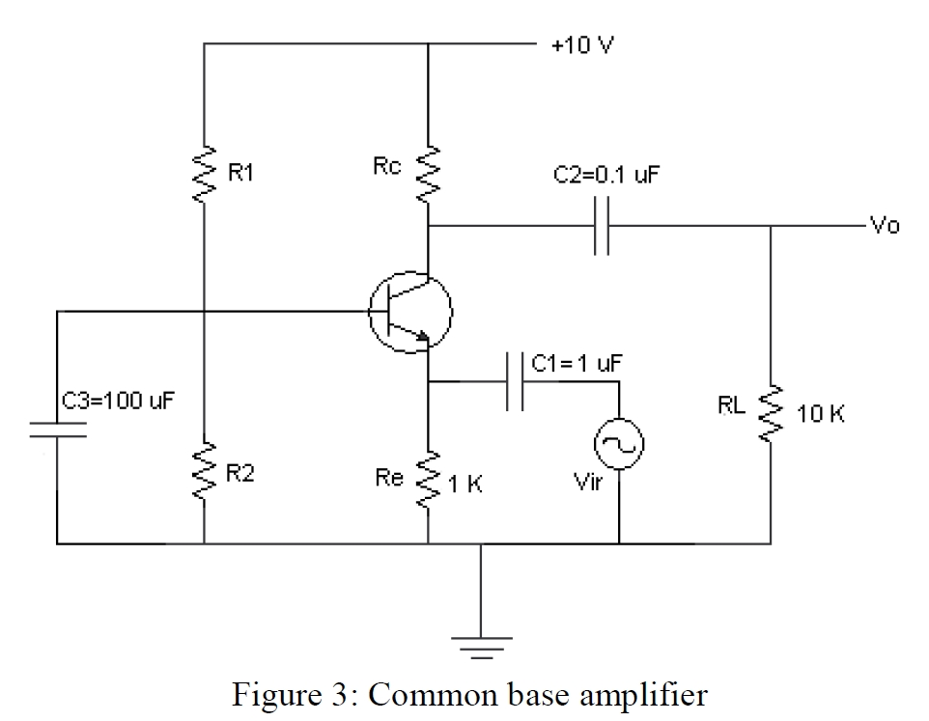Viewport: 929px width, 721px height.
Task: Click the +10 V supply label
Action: (x=581, y=44)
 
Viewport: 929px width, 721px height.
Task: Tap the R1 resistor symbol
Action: (x=205, y=175)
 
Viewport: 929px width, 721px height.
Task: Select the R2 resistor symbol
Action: (x=205, y=473)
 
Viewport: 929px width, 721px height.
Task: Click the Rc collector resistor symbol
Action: (x=429, y=175)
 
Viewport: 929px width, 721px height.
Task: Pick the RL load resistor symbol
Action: (x=771, y=413)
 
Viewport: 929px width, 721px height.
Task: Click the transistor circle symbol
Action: (x=410, y=311)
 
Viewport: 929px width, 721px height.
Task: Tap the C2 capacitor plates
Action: (x=602, y=227)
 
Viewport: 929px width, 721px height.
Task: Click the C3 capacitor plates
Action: (x=57, y=429)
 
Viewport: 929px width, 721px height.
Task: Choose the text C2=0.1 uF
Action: (x=603, y=175)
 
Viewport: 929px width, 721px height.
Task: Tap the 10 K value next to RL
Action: (x=821, y=415)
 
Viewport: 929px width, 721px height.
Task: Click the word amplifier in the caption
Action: (x=638, y=695)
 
